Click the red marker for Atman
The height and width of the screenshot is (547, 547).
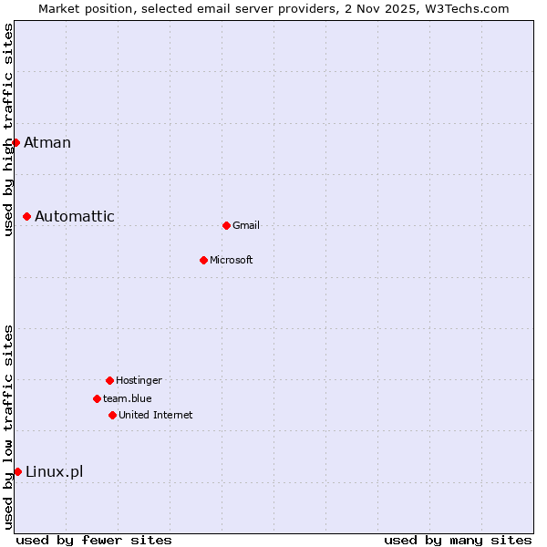point(15,142)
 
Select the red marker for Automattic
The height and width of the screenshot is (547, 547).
point(27,216)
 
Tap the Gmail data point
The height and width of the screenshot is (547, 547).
point(226,225)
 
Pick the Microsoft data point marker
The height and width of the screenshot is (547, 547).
point(203,260)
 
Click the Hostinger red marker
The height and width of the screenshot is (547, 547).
point(109,380)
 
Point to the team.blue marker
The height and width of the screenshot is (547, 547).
point(97,398)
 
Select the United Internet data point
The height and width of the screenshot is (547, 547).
point(112,415)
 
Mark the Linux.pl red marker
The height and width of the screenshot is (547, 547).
point(17,471)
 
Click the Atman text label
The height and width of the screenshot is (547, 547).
point(47,142)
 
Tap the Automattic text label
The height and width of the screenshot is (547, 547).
point(75,216)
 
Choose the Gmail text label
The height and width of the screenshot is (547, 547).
point(246,226)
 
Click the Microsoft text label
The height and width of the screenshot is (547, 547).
point(232,261)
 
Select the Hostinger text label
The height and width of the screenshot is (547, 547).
point(139,381)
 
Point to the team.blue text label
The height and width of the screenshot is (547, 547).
point(128,399)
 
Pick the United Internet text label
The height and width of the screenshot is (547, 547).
point(156,416)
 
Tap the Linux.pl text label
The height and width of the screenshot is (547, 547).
point(55,471)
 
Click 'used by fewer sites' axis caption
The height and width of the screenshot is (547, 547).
point(94,540)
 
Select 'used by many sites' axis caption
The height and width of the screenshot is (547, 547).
point(458,540)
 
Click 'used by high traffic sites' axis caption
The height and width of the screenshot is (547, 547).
point(8,129)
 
